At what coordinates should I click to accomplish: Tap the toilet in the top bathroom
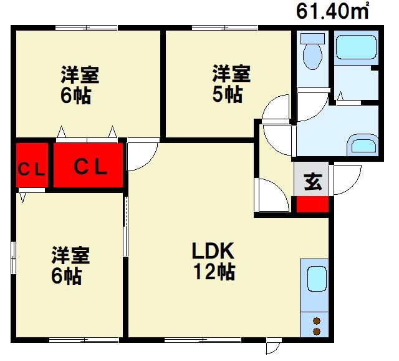(311, 53)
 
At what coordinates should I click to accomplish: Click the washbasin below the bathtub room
(362, 146)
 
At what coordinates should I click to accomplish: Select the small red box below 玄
(311, 205)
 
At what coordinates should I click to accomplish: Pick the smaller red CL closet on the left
(31, 166)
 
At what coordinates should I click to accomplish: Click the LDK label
(212, 252)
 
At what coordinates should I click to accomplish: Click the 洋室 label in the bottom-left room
(70, 255)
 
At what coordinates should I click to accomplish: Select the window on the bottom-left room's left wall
(13, 256)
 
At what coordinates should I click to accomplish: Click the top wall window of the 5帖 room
(225, 27)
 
